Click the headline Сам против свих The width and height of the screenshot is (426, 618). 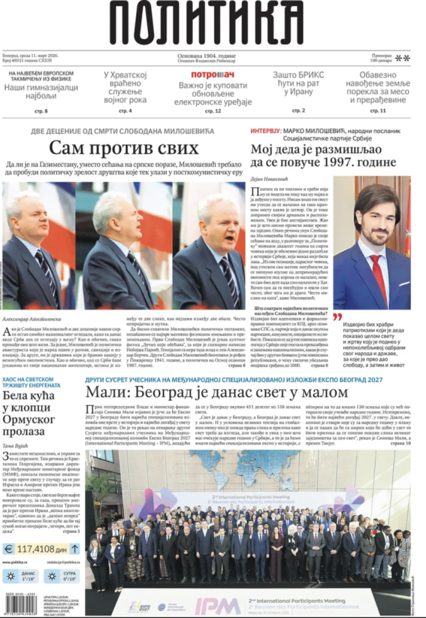[124, 149]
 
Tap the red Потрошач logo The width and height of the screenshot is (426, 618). [213, 75]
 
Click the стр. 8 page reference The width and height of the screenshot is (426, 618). [41, 111]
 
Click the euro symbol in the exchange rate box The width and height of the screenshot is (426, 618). [9, 549]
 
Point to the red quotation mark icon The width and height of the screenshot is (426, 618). [337, 317]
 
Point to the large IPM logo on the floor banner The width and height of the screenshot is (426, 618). [218, 606]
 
